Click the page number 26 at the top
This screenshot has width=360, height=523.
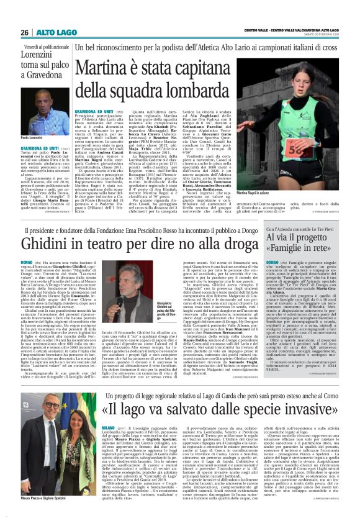[24, 33]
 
